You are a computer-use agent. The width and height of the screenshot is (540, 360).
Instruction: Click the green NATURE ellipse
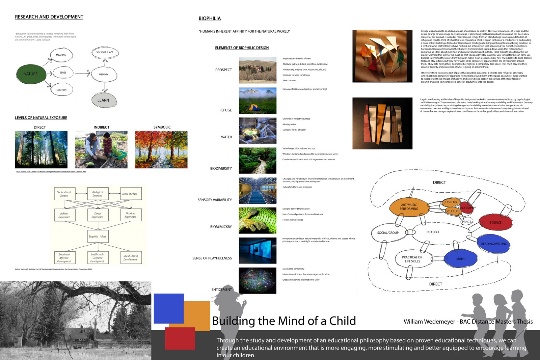click(31, 74)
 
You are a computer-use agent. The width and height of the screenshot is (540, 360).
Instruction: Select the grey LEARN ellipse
click(103, 100)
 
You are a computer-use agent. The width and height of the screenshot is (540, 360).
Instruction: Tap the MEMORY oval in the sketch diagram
click(104, 75)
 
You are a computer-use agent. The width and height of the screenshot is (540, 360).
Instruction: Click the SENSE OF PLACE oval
click(105, 53)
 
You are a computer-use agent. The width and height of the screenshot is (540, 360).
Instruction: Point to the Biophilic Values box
click(98, 237)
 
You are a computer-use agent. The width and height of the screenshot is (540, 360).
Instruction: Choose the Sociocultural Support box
click(64, 194)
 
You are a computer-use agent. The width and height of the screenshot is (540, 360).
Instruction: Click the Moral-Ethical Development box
click(130, 258)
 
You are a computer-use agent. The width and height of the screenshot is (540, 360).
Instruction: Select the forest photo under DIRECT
click(41, 149)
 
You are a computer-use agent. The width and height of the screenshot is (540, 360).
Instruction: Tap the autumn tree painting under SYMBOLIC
click(161, 149)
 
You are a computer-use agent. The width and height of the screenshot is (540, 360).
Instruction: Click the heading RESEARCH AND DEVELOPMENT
click(49, 17)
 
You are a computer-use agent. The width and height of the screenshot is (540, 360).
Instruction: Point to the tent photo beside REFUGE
click(258, 101)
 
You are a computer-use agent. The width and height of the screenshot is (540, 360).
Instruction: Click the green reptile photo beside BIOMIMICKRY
click(258, 220)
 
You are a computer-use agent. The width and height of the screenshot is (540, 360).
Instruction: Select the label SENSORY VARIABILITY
click(215, 200)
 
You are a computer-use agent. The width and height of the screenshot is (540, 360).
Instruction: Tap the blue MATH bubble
click(460, 259)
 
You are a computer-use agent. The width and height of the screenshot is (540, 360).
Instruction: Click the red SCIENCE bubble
click(495, 223)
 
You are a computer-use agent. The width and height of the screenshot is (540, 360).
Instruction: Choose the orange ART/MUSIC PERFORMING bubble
click(409, 207)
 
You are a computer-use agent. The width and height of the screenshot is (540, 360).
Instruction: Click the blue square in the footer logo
click(168, 308)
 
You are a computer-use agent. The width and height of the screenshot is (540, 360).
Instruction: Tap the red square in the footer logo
click(180, 338)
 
